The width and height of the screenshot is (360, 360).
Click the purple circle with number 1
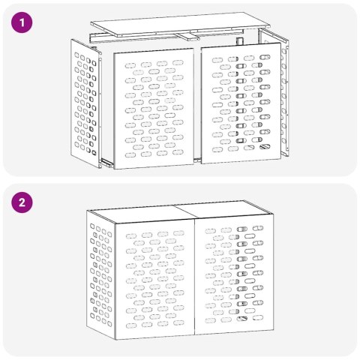(x=25, y=24)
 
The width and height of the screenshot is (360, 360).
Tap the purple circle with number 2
(x=25, y=203)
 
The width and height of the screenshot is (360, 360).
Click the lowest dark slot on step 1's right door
(x=262, y=148)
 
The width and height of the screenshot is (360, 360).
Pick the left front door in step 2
(x=154, y=277)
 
